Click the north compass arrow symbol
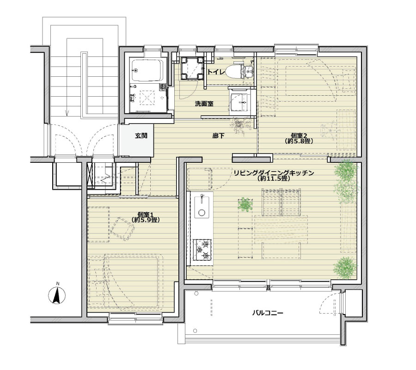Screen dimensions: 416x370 pos(57,294)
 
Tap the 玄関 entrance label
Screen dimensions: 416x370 pos(141,136)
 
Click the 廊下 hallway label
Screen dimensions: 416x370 pos(218,136)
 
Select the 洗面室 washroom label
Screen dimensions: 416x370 pos(204,104)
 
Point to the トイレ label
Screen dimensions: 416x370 pos(216,72)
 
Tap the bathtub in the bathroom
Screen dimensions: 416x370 pos(147,71)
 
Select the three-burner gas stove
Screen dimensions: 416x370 pos(202,250)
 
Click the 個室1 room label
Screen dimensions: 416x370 pos(146,214)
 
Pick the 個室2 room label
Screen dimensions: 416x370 pos(299,135)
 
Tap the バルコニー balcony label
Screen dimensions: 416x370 pos(268,313)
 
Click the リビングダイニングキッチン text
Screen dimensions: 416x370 pos(274,173)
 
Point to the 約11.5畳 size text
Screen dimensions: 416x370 pos(274,179)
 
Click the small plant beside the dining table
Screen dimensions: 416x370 pos(245,204)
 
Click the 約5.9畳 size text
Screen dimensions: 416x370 pos(146,220)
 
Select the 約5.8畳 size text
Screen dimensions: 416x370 pos(299,141)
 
